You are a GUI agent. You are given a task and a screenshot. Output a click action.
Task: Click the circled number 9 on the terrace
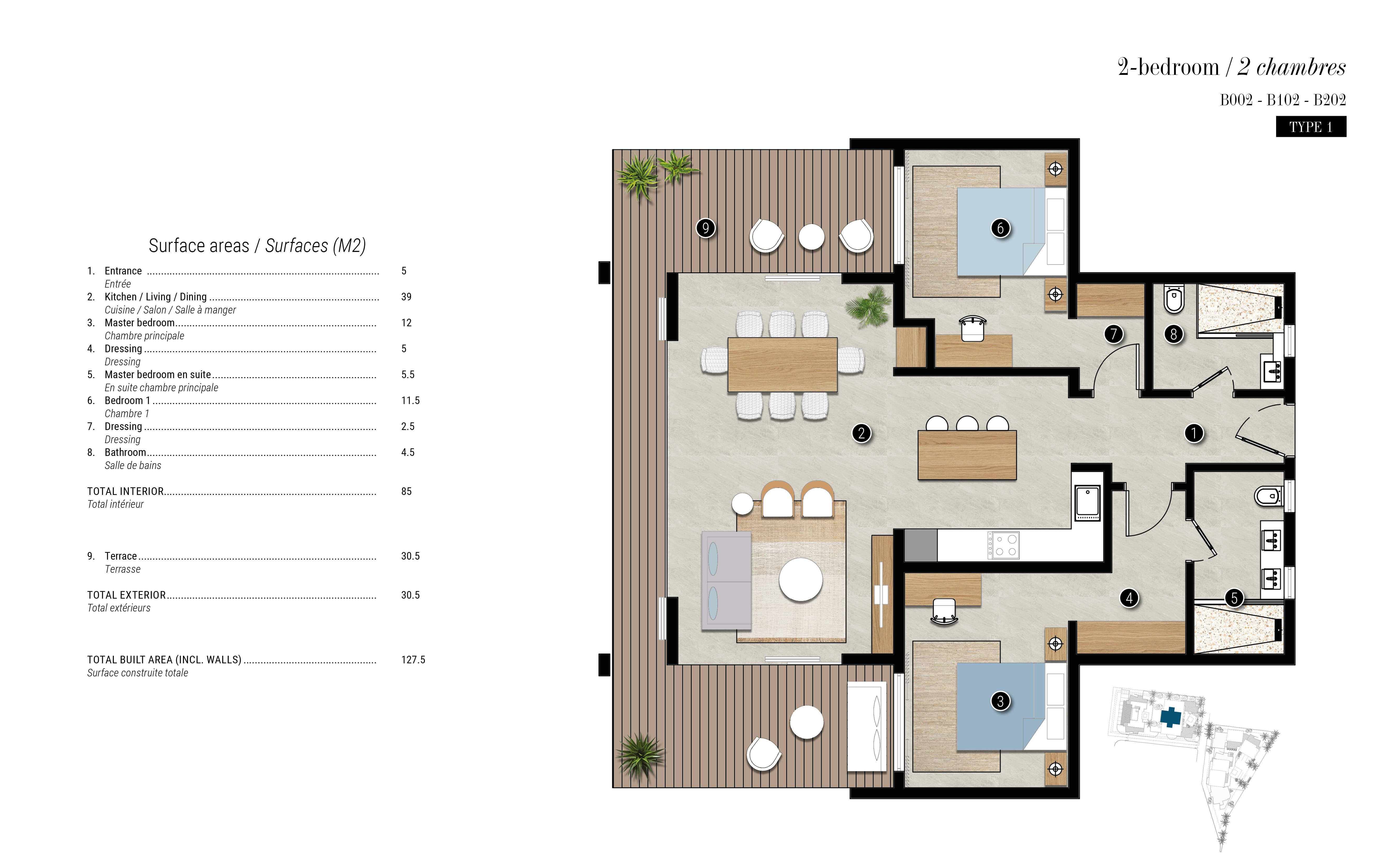pos(705,228)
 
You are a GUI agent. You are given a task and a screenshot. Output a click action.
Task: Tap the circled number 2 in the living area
pos(862,433)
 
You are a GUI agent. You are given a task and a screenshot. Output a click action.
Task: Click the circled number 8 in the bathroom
pos(1174,334)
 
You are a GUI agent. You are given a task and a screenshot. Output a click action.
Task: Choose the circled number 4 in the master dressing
pos(1129,598)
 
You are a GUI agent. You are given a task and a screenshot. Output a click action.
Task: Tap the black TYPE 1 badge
pos(1311,126)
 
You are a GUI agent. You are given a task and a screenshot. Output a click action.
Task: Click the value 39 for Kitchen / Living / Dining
pos(406,297)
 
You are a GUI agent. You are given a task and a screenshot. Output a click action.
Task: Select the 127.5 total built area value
pos(413,660)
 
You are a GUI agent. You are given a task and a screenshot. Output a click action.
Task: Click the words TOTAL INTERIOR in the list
pos(125,492)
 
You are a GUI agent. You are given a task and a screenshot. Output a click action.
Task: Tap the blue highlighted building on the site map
pos(1171,716)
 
